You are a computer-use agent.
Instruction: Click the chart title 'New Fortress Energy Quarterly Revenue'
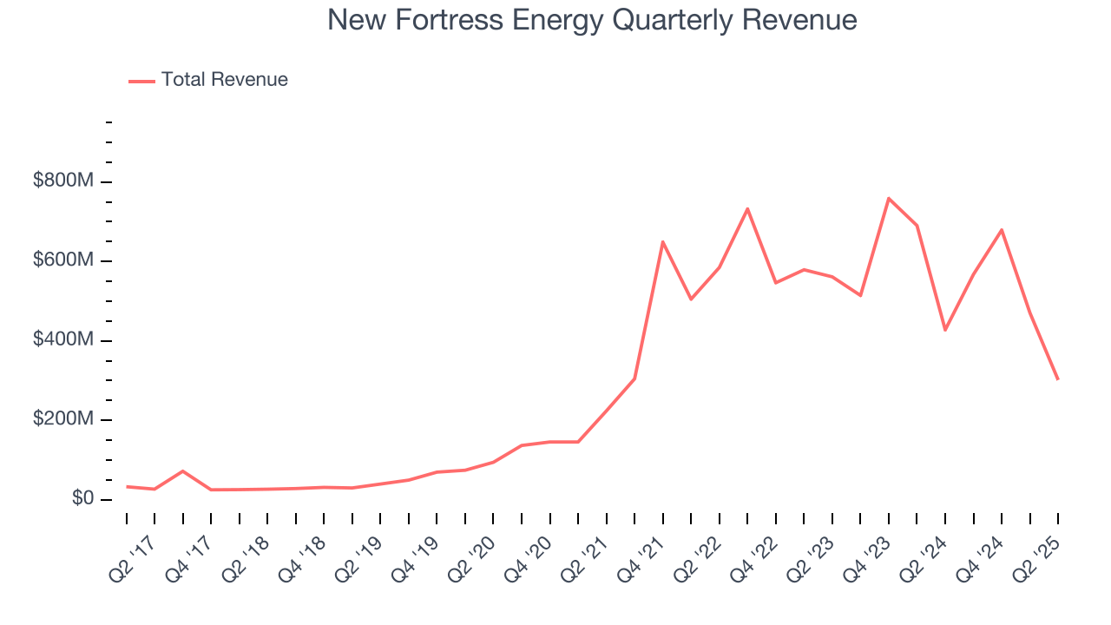592,20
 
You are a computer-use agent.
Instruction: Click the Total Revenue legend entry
208,80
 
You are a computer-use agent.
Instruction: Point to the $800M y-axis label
62,181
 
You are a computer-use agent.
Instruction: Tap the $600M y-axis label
62,261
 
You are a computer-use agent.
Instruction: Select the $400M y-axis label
62,340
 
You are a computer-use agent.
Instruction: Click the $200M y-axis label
62,420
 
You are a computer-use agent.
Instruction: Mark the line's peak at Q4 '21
662,242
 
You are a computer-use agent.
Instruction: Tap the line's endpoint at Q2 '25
1057,379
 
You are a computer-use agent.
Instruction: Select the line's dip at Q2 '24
945,330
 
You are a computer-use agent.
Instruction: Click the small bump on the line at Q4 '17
182,471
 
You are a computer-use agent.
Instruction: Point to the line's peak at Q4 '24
1002,230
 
